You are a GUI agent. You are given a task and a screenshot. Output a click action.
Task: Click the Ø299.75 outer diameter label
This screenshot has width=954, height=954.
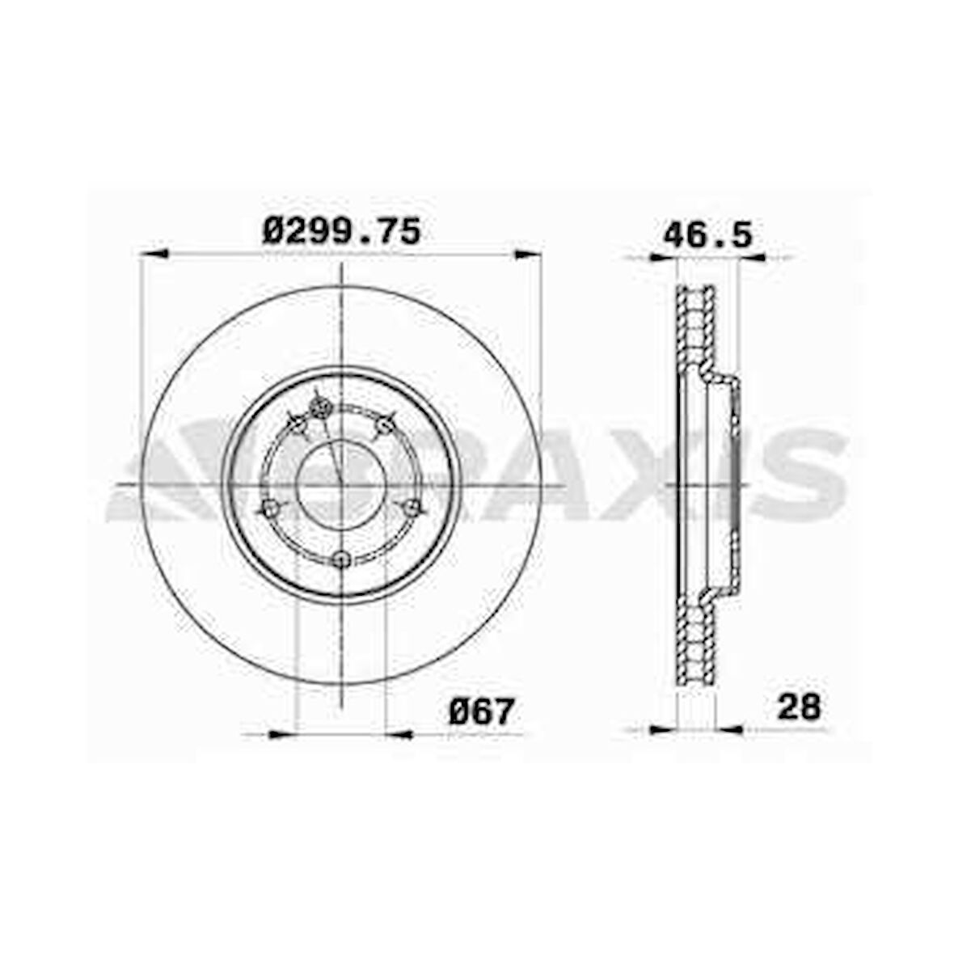[x=341, y=232]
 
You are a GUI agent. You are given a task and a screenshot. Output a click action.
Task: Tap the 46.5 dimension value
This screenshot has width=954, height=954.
[x=707, y=234]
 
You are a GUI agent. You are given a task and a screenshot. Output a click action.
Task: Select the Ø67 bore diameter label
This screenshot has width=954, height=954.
[x=482, y=711]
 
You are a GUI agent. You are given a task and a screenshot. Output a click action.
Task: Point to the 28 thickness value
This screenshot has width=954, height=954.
[x=799, y=707]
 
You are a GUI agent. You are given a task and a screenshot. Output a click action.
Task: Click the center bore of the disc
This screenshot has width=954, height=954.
[x=341, y=485]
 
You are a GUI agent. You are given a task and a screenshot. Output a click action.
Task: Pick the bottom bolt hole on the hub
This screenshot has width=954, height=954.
[x=342, y=559]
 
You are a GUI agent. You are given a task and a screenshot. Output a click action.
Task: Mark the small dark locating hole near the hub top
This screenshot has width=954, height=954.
[x=319, y=407]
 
